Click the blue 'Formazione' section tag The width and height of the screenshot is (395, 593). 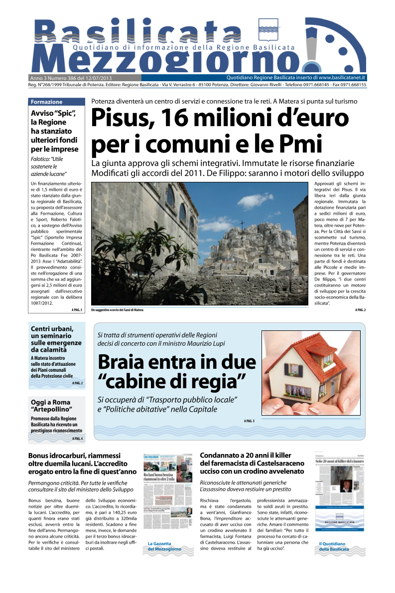47,102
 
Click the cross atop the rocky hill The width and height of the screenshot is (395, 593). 242,224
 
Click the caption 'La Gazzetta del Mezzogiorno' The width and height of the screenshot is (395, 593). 164,546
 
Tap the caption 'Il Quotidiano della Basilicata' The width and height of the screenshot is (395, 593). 334,546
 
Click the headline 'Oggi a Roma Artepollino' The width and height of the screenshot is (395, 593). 51,406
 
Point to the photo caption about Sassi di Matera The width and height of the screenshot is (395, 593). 117,310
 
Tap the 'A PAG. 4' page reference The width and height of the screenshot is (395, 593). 77,439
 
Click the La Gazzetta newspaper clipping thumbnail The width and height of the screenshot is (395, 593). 164,493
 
